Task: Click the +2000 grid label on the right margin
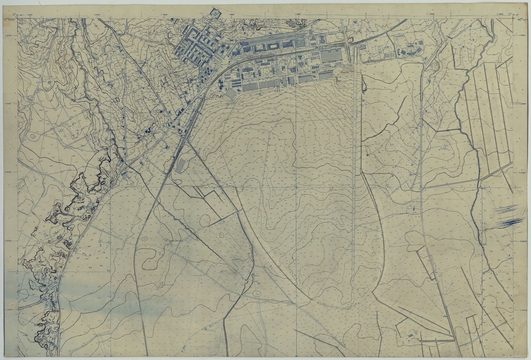coord(522,241)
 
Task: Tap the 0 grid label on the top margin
coord(366,14)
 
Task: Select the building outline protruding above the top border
coord(215,13)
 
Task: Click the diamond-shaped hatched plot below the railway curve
coord(231,94)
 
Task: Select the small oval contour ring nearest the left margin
coord(33,136)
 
